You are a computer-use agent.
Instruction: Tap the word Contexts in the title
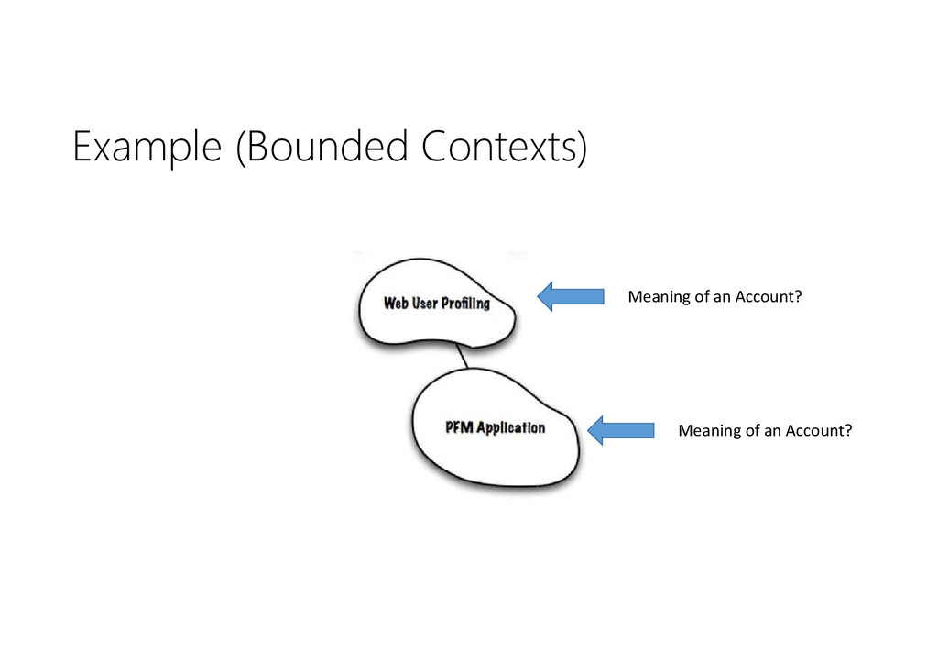(x=496, y=148)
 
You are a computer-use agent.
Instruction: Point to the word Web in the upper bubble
(x=396, y=304)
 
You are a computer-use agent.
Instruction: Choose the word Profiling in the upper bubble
(x=467, y=304)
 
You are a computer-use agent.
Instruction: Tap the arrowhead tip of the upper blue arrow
(x=539, y=296)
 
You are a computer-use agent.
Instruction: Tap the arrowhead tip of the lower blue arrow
(x=589, y=429)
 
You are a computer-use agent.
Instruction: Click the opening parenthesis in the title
(x=241, y=149)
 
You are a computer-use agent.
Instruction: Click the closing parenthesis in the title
(x=580, y=149)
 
